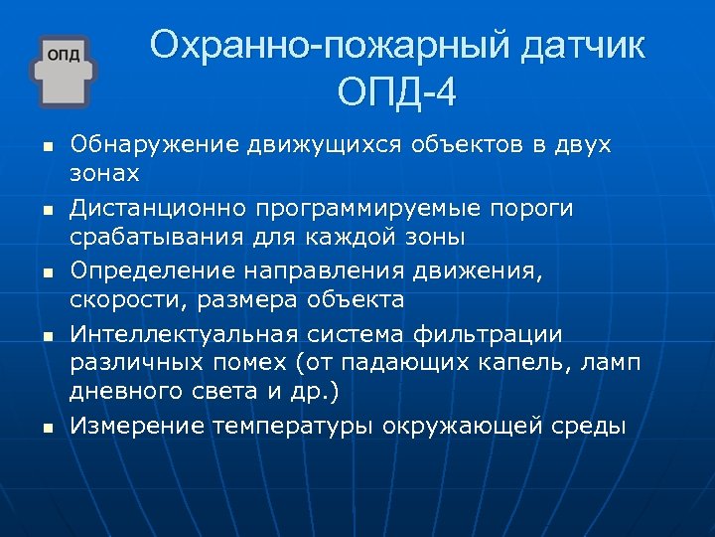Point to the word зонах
(x=104, y=174)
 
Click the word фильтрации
(x=502, y=333)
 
